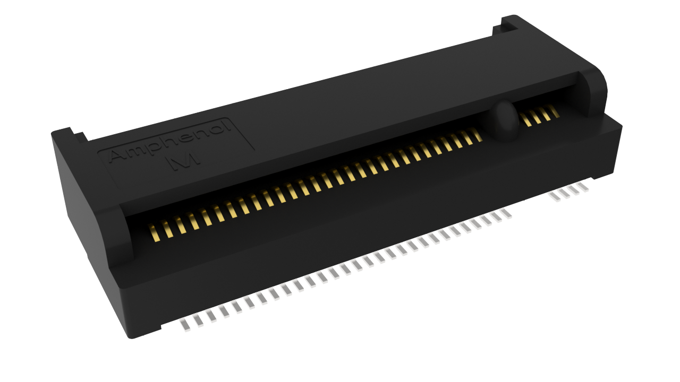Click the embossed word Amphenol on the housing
pyautogui.click(x=171, y=141)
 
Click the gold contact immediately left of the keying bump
pyautogui.click(x=477, y=135)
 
